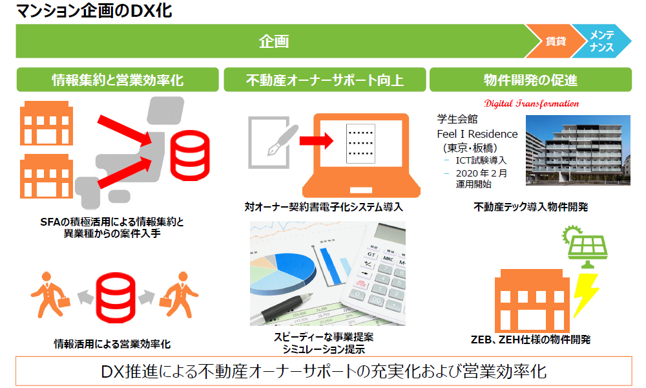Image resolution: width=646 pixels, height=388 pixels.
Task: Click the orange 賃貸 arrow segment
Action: [556, 41]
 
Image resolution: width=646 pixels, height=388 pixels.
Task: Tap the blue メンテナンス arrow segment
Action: [602, 41]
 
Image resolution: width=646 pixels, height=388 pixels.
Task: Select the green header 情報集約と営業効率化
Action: [118, 80]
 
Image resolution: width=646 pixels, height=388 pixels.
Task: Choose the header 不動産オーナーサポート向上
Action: [325, 80]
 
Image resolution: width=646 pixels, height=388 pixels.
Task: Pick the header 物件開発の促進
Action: [530, 80]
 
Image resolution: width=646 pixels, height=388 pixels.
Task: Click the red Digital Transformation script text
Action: [532, 103]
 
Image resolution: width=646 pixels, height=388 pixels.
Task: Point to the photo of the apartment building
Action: [578, 150]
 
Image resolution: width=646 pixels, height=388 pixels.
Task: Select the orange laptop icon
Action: [361, 155]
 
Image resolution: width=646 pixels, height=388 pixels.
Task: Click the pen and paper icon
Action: [272, 142]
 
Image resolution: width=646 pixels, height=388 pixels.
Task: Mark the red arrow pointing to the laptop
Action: [317, 140]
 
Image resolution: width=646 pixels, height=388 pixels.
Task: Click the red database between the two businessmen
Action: [116, 297]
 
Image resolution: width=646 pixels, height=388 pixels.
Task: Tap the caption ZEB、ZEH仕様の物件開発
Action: [530, 339]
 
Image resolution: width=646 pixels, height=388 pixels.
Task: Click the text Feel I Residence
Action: [477, 134]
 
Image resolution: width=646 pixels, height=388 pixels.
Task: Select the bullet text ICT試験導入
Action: [481, 160]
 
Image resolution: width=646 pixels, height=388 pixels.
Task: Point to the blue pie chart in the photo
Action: [284, 273]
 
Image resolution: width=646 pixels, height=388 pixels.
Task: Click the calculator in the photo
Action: [375, 270]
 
